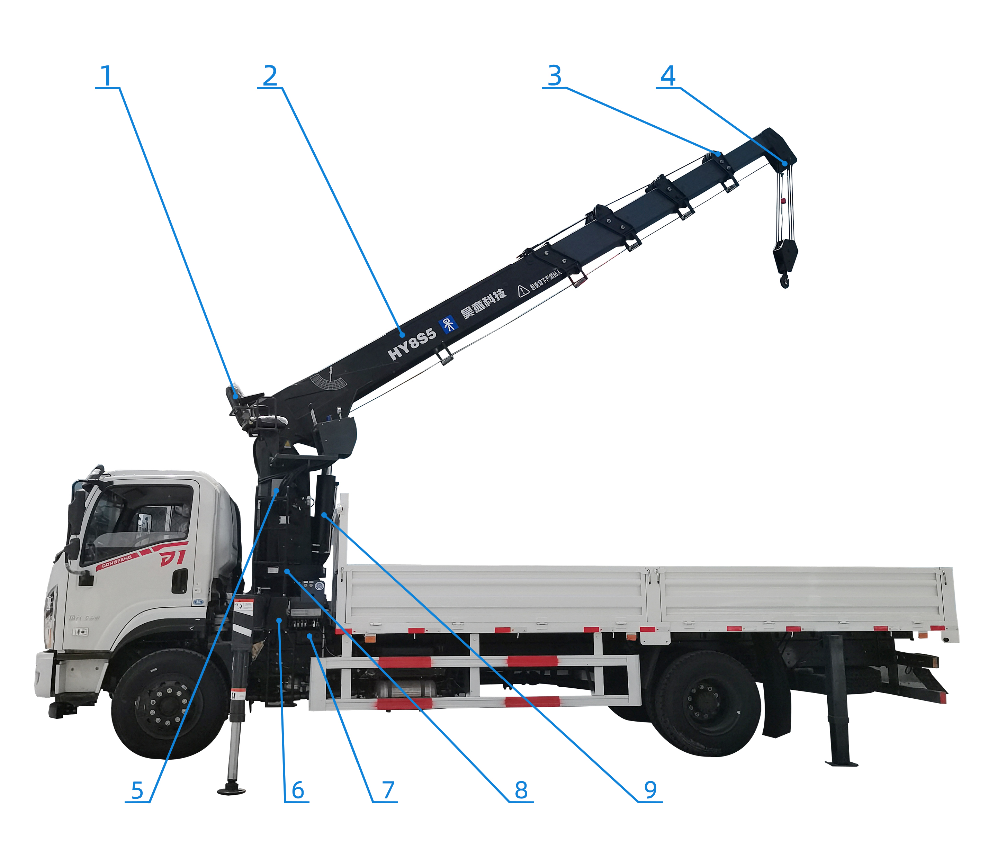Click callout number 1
(106, 76)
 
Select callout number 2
(270, 76)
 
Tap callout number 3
(554, 76)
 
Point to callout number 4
(668, 76)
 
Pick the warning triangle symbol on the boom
(523, 290)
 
